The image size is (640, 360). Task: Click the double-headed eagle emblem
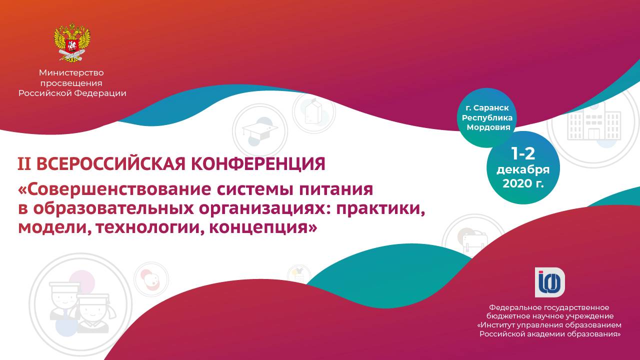point(72,42)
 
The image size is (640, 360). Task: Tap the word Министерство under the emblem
point(71,73)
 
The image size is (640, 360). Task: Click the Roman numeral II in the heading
point(24,164)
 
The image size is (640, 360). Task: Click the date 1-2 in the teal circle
point(523,154)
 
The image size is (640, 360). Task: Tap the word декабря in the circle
point(523,170)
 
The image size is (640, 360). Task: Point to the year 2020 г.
point(523,183)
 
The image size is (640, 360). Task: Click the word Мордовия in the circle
point(488,127)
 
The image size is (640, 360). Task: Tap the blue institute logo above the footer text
point(550,282)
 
